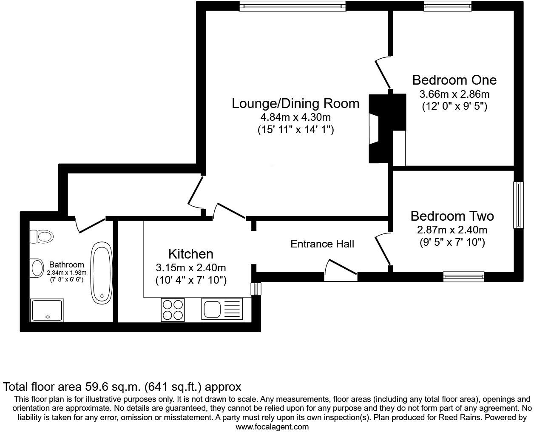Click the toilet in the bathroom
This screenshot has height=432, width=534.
[41, 236]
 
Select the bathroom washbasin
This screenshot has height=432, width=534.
[37, 268]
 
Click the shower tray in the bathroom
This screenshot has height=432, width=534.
[47, 310]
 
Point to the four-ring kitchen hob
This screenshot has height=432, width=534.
[173, 310]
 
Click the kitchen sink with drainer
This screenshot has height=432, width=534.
[222, 309]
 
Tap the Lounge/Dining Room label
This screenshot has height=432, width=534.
[295, 104]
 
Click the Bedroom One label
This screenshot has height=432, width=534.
[454, 80]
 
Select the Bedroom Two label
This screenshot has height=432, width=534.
[452, 216]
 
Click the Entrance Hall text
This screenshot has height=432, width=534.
[322, 244]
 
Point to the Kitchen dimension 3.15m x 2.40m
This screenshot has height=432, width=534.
[191, 268]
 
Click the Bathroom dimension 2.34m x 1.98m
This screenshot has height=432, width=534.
[66, 273]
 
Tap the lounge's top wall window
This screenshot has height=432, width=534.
[293, 6]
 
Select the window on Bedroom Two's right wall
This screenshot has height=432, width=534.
[518, 205]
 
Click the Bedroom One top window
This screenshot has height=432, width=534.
[448, 6]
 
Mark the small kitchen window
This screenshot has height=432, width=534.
[256, 289]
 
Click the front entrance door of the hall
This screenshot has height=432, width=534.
[341, 271]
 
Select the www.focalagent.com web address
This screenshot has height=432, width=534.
[272, 427]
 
